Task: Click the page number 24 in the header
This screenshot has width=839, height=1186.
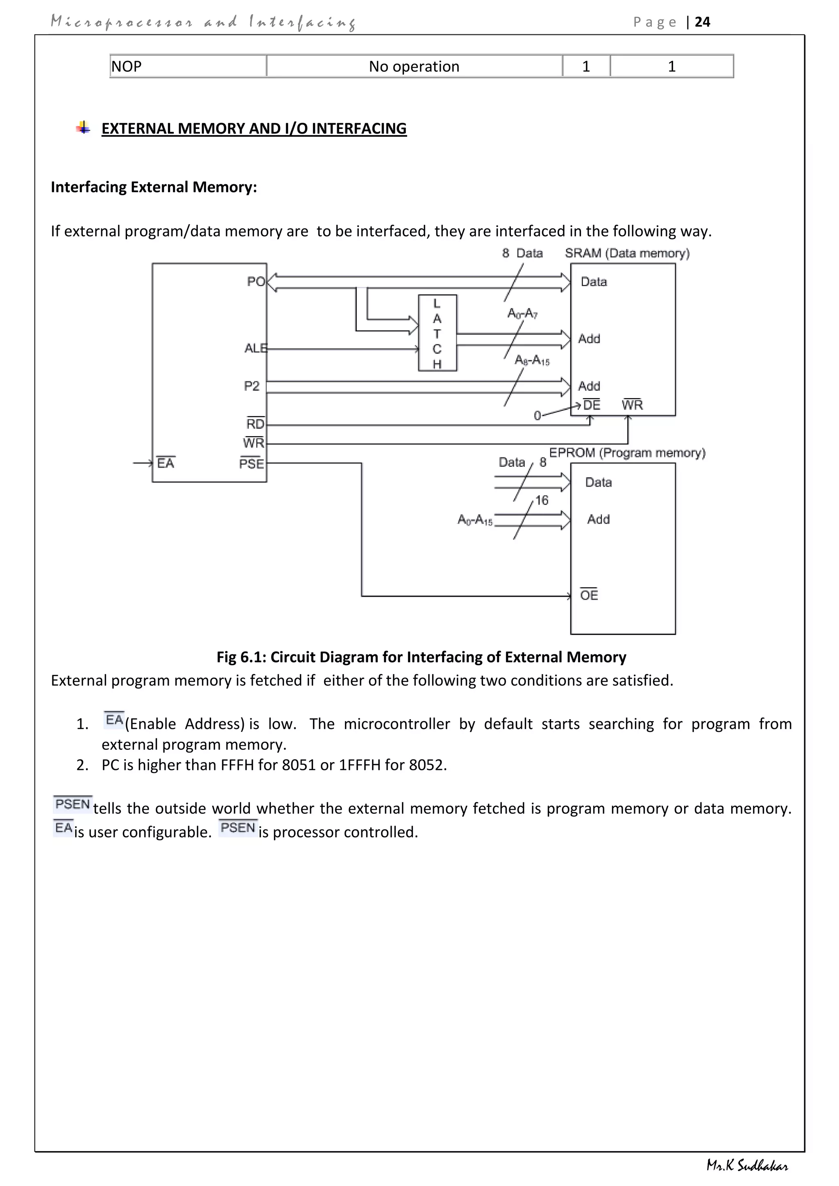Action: click(x=702, y=22)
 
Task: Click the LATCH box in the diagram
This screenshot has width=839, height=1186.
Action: click(x=437, y=333)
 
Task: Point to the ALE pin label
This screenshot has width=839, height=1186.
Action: click(x=255, y=349)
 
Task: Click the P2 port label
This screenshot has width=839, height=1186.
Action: click(x=252, y=386)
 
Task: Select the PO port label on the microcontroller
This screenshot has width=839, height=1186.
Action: click(x=256, y=281)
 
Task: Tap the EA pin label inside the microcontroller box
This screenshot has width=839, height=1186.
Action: click(x=166, y=463)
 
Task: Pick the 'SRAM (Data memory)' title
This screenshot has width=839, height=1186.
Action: click(x=627, y=253)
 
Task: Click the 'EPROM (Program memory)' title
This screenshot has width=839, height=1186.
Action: click(x=627, y=453)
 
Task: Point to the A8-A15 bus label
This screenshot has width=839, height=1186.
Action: click(x=532, y=360)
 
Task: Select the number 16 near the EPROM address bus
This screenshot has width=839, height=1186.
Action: click(x=542, y=500)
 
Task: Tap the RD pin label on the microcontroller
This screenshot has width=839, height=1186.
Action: click(x=255, y=424)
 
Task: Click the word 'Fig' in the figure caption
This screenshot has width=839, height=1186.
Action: click(x=226, y=657)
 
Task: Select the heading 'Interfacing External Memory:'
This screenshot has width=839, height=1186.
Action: click(x=154, y=187)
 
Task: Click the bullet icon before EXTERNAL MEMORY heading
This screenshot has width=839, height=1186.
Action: click(x=83, y=128)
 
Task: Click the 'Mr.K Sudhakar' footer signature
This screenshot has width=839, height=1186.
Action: click(x=747, y=1166)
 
